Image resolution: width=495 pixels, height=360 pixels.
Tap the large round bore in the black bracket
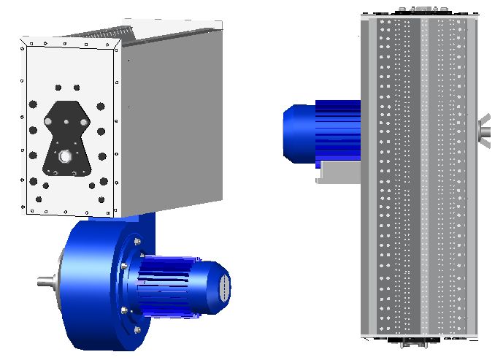pos(65,156)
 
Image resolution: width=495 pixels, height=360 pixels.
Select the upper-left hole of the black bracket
pos(50,116)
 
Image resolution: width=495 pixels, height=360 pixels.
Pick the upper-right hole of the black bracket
pos(83,116)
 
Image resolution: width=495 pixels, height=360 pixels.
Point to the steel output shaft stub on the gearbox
pos(45,280)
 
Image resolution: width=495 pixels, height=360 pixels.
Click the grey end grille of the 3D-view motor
pos(224,286)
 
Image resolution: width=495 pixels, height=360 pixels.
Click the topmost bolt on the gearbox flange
pos(137,240)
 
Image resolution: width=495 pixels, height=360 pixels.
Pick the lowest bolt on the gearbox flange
pos(137,331)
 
